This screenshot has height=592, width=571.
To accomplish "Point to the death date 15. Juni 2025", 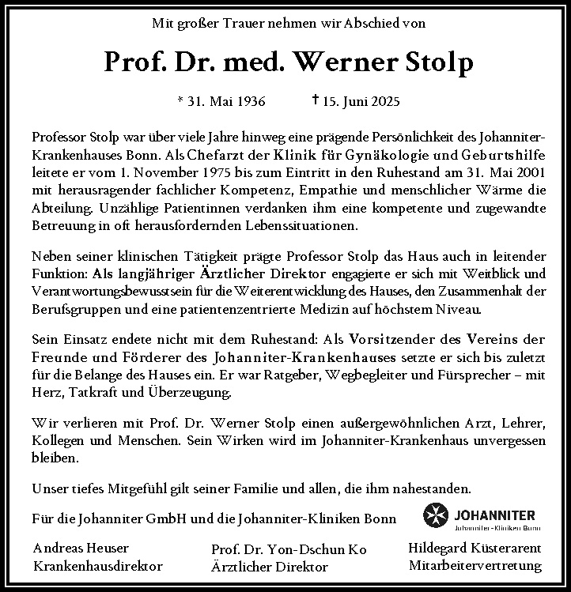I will pyautogui.click(x=361, y=101).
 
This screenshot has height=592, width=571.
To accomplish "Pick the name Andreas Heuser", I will pyautogui.click(x=81, y=549).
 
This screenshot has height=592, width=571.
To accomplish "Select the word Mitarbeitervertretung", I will pyautogui.click(x=475, y=566).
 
